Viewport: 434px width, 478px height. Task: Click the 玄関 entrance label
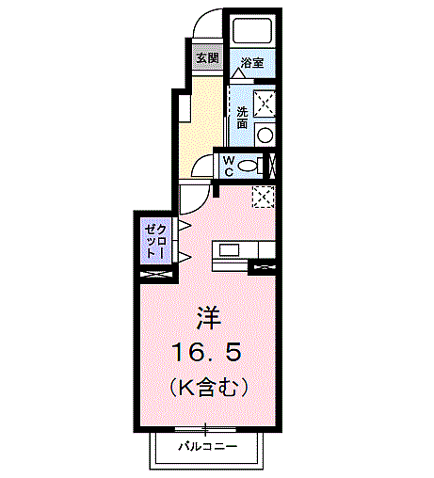(x=207, y=58)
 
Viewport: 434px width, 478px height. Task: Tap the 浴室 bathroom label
(x=252, y=63)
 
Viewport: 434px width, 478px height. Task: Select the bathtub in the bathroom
(x=252, y=30)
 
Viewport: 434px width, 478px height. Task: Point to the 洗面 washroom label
(x=242, y=118)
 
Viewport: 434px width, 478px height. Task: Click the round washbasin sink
(x=265, y=135)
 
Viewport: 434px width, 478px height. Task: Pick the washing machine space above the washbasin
(x=265, y=104)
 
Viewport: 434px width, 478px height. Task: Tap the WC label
(x=229, y=167)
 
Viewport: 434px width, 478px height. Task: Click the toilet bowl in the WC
(x=248, y=166)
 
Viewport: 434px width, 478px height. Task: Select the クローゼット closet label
(x=156, y=242)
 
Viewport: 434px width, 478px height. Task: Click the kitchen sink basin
(x=229, y=250)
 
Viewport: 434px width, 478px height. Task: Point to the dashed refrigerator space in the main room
(x=264, y=197)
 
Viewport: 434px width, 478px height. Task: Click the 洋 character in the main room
(x=209, y=318)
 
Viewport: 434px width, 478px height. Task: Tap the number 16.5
(x=207, y=352)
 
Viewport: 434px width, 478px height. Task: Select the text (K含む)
(x=209, y=388)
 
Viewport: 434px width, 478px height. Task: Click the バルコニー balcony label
(x=208, y=446)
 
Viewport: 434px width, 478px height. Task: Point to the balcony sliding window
(x=205, y=429)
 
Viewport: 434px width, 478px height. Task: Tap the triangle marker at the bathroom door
(x=239, y=73)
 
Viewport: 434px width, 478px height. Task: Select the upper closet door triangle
(x=185, y=225)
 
